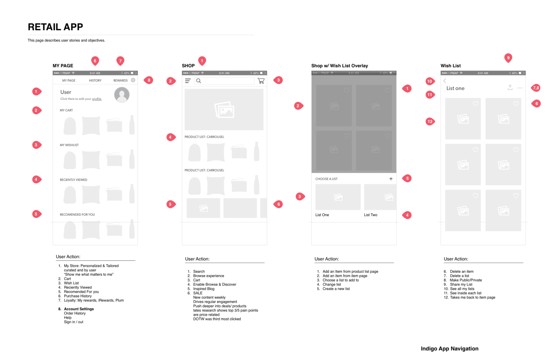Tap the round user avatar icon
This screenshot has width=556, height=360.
tap(122, 95)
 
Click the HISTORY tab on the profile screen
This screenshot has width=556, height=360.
tap(95, 80)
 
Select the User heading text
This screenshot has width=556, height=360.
tap(66, 92)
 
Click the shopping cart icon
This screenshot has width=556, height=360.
tap(261, 81)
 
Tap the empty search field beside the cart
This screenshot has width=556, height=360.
tap(224, 81)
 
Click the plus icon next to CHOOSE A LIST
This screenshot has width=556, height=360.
tap(391, 179)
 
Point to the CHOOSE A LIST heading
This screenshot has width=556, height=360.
tap(326, 179)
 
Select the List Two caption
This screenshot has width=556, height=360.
tap(370, 215)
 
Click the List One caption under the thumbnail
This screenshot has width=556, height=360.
tap(322, 215)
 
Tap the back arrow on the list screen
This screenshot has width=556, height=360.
tap(445, 81)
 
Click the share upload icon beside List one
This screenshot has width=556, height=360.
tap(510, 88)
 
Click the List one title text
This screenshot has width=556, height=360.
tap(455, 88)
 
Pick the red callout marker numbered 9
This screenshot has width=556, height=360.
tap(508, 58)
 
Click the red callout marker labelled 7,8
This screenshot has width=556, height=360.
tap(536, 88)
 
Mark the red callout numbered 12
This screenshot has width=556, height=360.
tap(430, 121)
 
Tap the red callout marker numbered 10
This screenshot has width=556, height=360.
tap(429, 81)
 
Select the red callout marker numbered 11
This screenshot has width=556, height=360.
tap(430, 95)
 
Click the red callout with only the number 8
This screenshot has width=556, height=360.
tap(149, 80)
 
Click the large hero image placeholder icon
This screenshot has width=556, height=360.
tap(224, 110)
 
